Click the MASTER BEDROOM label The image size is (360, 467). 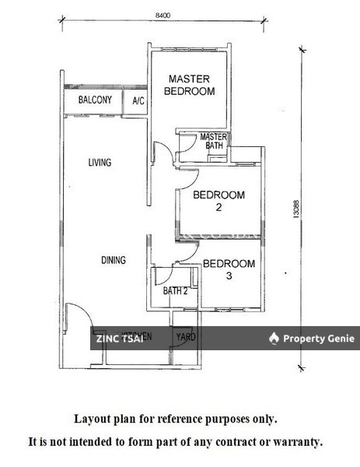[191, 85]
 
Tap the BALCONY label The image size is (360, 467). [96, 100]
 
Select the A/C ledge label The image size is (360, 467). [138, 101]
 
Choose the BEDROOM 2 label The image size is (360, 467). [219, 201]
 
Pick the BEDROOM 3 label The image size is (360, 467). [229, 269]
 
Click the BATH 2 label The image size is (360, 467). [175, 291]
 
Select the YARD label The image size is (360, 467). [186, 337]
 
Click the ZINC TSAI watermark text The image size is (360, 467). [119, 338]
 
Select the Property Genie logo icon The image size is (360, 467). [274, 338]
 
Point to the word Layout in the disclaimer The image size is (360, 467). [90, 418]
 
